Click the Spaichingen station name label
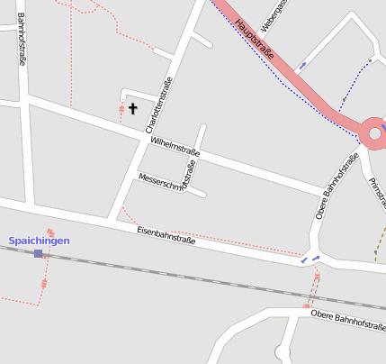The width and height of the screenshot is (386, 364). tap(39, 241)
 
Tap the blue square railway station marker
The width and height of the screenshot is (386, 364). tap(38, 254)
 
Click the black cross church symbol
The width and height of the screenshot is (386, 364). tap(133, 109)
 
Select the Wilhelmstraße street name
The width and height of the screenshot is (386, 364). tap(175, 148)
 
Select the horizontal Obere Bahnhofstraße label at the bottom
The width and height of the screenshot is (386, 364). tap(347, 321)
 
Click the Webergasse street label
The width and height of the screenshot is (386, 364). tap(274, 12)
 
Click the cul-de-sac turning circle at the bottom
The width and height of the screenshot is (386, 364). tap(286, 354)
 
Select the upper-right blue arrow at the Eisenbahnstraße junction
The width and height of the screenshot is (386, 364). tap(316, 257)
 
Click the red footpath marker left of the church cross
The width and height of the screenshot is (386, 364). tap(121, 111)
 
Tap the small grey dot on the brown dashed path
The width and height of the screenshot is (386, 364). tap(371, 60)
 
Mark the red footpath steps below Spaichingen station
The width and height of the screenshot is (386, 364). tap(42, 283)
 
